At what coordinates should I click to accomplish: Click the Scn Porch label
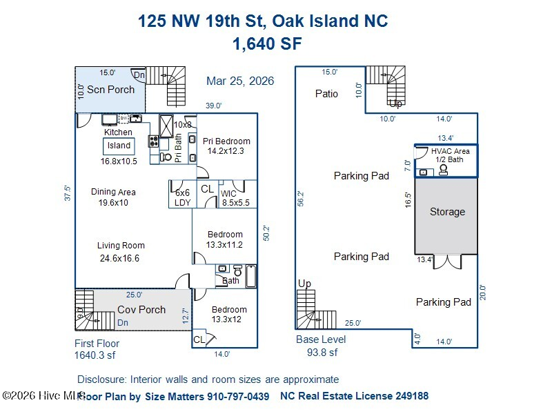coord(110,90)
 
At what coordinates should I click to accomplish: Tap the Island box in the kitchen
coord(119,146)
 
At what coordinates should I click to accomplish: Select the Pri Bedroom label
coord(226,141)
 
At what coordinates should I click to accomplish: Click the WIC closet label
coord(228,194)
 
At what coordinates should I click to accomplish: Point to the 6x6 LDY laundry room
coord(182,198)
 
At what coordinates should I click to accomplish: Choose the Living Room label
coord(121,246)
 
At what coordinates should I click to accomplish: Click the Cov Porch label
coord(141,310)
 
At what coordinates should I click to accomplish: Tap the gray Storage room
coord(447,213)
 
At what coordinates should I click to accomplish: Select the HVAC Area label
coord(450,151)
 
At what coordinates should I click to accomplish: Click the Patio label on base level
coord(326,94)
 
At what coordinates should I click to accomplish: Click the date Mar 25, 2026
coord(240,81)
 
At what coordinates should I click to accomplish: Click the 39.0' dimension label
coord(214,106)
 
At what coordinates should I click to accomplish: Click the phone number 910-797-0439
coord(238,397)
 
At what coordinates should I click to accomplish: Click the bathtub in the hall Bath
coord(250,277)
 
